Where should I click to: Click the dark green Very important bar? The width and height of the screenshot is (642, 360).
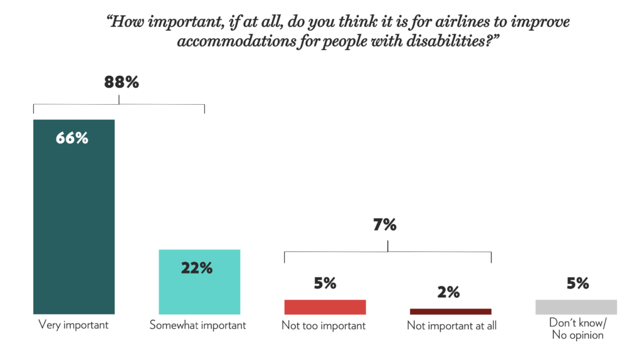coord(74,216)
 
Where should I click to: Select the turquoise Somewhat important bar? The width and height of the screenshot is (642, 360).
coord(199,282)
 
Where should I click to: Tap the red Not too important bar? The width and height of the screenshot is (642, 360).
coord(325,307)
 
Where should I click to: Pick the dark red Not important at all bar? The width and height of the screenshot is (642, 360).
coord(450,311)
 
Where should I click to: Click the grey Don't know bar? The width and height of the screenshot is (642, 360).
coord(576,307)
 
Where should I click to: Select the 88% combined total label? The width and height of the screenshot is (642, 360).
coord(120,82)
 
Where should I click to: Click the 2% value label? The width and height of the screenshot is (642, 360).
coord(449,292)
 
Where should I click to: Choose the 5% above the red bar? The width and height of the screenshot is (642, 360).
coord(325,283)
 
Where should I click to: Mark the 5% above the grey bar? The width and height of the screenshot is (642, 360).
coord(577,283)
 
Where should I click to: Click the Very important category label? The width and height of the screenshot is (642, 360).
coord(73,325)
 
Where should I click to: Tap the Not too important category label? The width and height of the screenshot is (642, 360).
coord(324,326)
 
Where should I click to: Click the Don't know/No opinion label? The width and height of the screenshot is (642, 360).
coord(577,330)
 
